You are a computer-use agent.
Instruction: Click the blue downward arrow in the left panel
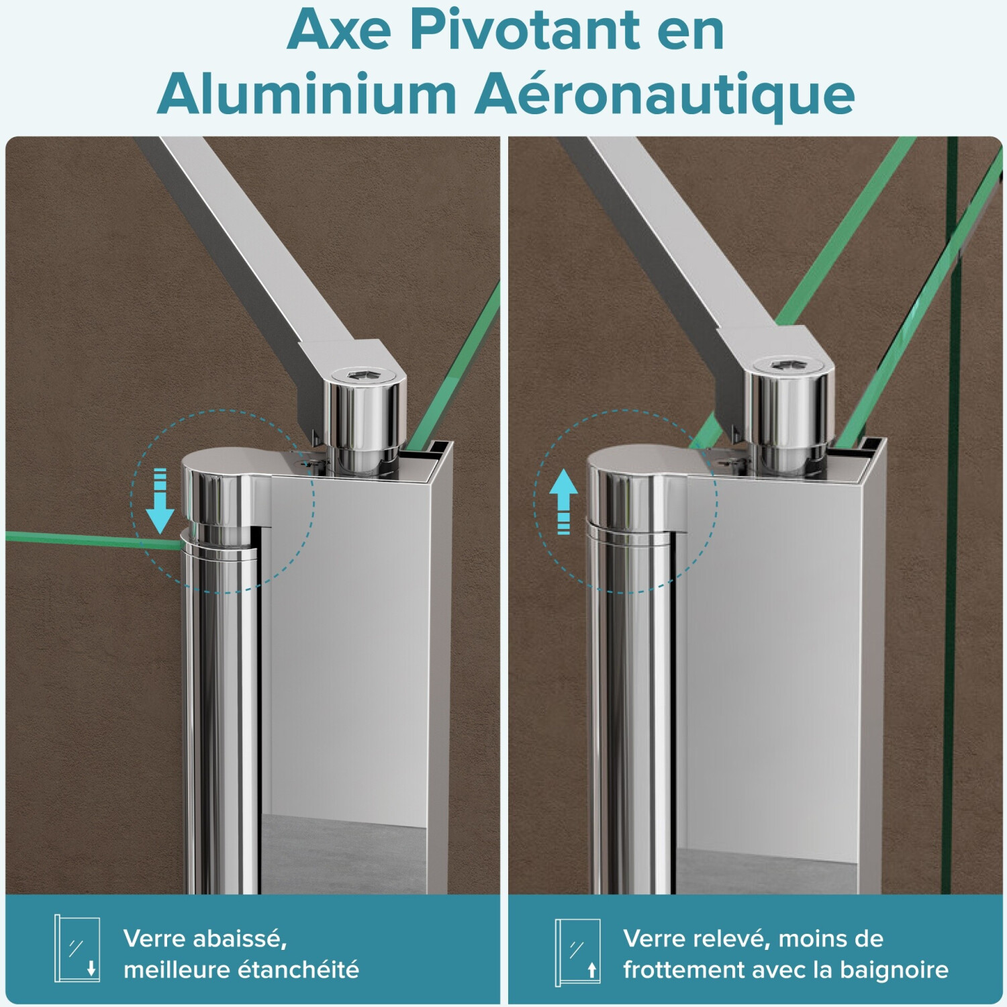tap(160, 501)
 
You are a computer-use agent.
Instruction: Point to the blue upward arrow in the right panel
tap(563, 501)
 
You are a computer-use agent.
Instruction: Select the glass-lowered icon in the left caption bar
tap(77, 949)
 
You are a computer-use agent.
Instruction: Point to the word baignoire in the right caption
tap(894, 970)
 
